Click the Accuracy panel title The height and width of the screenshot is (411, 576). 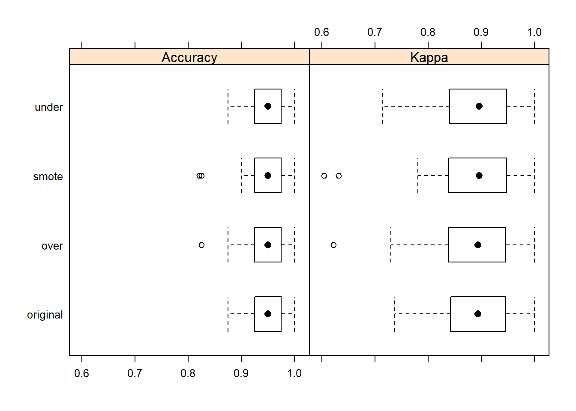pos(189,57)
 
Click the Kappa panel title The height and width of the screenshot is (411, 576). pos(429,57)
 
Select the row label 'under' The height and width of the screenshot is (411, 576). pos(48,107)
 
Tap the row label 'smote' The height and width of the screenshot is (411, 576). pos(48,176)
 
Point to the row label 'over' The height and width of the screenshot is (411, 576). pos(52,246)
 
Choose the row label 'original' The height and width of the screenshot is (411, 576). pos(45,315)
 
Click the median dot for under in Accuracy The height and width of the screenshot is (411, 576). pos(268,106)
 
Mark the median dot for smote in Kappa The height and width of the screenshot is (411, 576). pos(479,176)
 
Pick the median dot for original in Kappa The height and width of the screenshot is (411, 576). pos(477,314)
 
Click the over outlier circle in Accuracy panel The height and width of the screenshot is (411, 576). pos(201,245)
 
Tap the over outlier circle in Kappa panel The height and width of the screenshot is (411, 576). pos(333,245)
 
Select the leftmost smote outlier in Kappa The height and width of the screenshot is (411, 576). pos(324,176)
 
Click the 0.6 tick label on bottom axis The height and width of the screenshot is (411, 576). pos(81,373)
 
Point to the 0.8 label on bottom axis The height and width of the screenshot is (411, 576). pos(188,373)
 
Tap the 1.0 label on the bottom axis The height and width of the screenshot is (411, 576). pos(294,373)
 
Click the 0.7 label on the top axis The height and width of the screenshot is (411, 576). pos(375,32)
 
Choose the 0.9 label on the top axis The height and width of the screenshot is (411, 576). pos(481,32)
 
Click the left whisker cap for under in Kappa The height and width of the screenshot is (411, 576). pos(383,106)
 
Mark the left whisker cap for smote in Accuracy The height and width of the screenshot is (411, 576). pos(241,176)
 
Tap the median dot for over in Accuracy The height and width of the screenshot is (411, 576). pos(268,245)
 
